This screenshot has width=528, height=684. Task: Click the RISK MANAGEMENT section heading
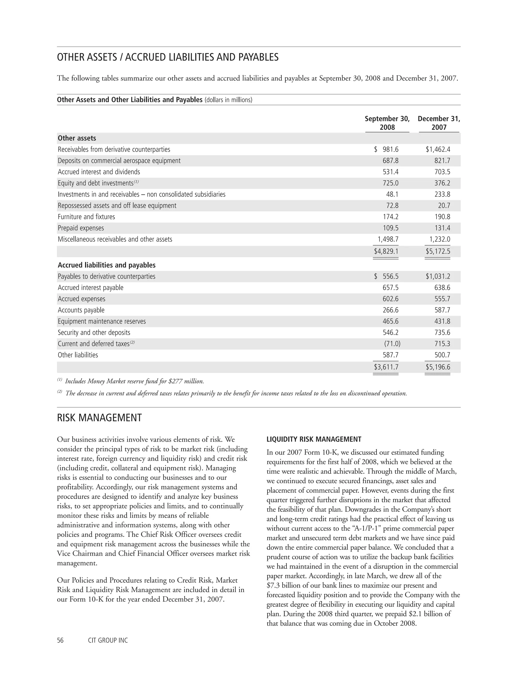click(99, 418)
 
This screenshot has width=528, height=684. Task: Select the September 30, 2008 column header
click(387, 123)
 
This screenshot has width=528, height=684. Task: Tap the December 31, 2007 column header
click(439, 123)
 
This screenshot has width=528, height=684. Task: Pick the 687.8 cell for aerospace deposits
click(390, 161)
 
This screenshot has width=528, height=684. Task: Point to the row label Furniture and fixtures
click(86, 217)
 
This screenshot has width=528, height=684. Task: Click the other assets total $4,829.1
click(386, 251)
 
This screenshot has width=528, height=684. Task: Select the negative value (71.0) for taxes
click(392, 344)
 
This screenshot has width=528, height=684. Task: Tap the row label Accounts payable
click(81, 310)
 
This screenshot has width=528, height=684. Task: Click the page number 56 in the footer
click(60, 640)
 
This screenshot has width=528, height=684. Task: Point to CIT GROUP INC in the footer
click(108, 640)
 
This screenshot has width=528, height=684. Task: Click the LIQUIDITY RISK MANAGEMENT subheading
click(314, 439)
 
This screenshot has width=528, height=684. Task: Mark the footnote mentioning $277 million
click(135, 381)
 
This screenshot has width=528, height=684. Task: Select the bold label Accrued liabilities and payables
click(107, 265)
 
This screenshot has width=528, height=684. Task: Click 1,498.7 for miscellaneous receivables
click(388, 239)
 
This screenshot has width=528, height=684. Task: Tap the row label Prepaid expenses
click(81, 228)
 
